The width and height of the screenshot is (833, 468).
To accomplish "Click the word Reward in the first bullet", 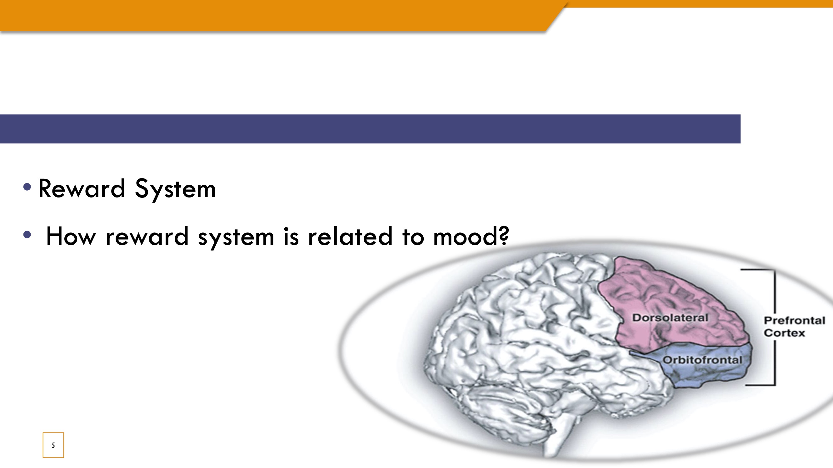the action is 82,189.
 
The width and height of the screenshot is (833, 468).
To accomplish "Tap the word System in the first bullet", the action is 175,190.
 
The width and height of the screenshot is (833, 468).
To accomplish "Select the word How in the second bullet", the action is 71,236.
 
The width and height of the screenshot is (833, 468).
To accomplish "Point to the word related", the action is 350,236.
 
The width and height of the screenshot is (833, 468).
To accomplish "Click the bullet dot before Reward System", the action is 27,187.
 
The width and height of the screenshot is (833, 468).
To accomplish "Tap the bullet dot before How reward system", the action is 27,235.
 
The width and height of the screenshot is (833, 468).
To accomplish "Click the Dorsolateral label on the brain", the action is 670,318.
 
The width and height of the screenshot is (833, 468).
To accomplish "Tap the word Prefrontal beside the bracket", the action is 795,320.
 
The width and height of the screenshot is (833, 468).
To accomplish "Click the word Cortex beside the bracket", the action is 784,333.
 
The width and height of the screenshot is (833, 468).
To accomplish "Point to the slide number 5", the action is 53,445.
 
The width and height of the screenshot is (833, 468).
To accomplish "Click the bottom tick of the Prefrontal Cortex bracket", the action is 760,385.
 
